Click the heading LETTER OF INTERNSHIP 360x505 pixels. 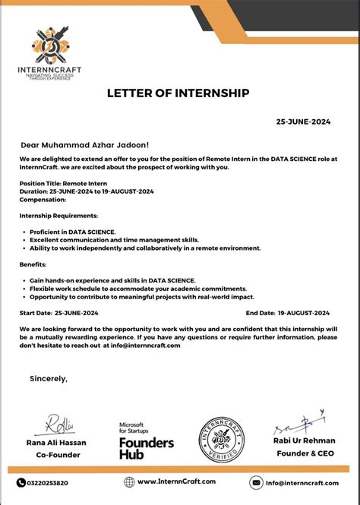(x=179, y=93)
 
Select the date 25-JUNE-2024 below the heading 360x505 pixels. (x=302, y=122)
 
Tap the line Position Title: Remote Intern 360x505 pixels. (x=63, y=183)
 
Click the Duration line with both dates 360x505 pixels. (x=87, y=191)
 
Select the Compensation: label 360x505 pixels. (x=43, y=200)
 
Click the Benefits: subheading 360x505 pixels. (x=33, y=264)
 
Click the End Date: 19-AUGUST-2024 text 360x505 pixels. (x=287, y=313)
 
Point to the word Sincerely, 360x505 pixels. (x=49, y=378)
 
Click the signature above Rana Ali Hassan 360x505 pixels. (x=58, y=423)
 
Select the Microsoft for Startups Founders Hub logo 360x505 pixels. (x=146, y=440)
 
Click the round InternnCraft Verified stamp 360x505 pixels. (x=221, y=439)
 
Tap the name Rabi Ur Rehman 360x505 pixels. (x=304, y=440)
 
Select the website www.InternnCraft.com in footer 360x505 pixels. (x=175, y=481)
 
